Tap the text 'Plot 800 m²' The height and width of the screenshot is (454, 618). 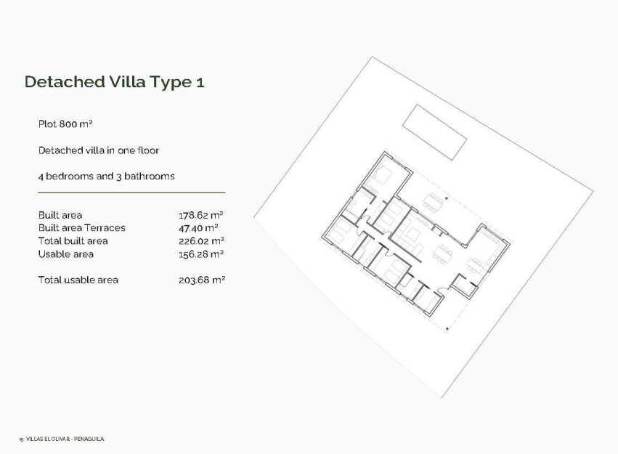click(x=65, y=124)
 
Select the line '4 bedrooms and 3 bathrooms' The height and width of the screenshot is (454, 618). click(x=106, y=177)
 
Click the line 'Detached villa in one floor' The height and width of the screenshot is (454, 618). click(x=98, y=150)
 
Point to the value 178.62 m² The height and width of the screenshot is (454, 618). click(x=201, y=216)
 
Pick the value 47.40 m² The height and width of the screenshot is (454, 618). click(x=201, y=228)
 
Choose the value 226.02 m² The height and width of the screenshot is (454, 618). click(x=201, y=241)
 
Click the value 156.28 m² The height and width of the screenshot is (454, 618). click(x=201, y=254)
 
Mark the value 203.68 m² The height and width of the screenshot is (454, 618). click(x=201, y=280)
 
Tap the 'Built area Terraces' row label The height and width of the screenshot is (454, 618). click(x=81, y=228)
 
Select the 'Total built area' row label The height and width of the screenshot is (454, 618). click(x=73, y=241)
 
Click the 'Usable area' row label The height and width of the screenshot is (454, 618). click(x=65, y=254)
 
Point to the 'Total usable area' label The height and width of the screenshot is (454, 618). click(x=78, y=280)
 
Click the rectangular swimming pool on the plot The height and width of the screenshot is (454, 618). click(x=434, y=131)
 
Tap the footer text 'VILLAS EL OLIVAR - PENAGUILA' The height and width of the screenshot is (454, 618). click(x=65, y=439)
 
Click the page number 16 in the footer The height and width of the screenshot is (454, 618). click(x=21, y=439)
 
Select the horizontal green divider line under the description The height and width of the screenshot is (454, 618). click(x=131, y=192)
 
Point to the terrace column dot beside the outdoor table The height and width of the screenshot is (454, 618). click(x=447, y=198)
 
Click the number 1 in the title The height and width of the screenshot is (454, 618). click(x=200, y=81)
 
